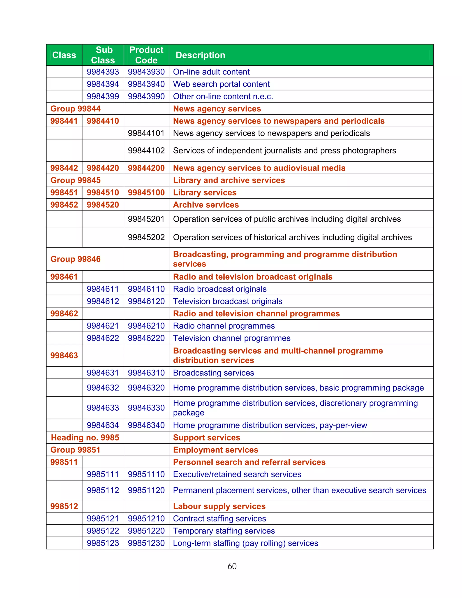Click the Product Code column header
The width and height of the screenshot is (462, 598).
[146, 55]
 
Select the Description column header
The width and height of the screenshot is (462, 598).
[200, 55]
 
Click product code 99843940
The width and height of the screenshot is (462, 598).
[146, 84]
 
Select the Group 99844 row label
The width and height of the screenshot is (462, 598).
[76, 109]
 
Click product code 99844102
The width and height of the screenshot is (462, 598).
[146, 151]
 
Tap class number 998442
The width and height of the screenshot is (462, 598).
[64, 168]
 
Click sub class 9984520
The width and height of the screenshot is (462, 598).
[103, 205]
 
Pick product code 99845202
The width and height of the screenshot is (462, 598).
[146, 237]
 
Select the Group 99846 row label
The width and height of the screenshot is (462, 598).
[76, 259]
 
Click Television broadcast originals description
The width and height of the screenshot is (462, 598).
[227, 301]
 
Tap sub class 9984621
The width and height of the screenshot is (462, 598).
[103, 326]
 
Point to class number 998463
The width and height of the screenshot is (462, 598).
[64, 355]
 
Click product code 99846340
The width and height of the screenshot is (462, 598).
[146, 425]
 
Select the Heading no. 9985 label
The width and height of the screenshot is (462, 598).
[85, 438]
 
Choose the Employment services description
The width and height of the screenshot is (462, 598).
[215, 450]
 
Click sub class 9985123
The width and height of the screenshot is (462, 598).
[103, 543]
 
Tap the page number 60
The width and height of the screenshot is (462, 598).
[232, 566]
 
